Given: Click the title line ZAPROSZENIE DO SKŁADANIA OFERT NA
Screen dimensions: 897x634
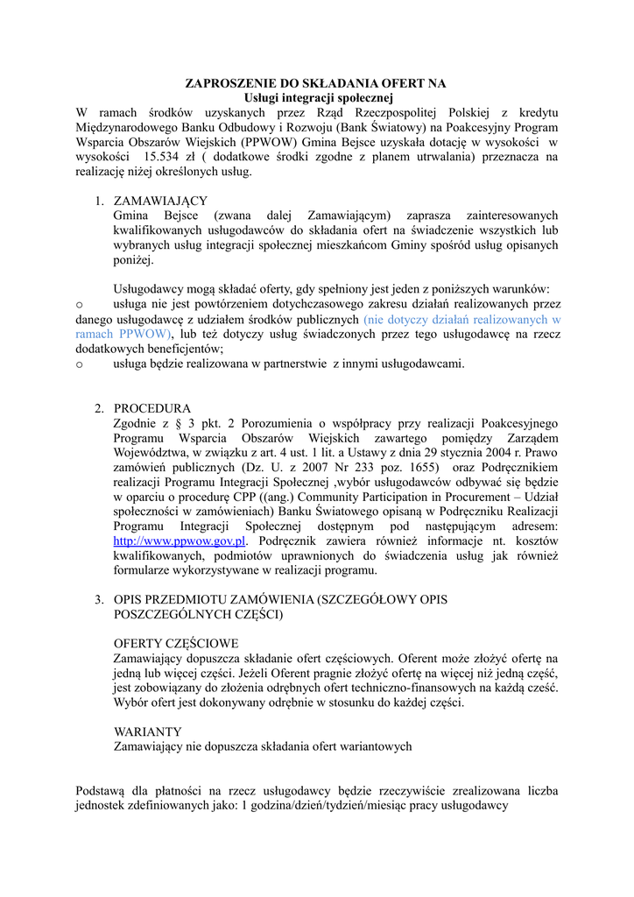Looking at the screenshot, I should [315, 83].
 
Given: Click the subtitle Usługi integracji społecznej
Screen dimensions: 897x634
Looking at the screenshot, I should [315, 97].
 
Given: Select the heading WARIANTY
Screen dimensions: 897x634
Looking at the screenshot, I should [148, 731].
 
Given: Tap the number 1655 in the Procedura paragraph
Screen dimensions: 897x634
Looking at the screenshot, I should [416, 468].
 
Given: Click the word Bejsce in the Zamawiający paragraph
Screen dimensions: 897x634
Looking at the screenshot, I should [182, 215].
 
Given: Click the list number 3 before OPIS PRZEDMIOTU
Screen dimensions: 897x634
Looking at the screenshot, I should [99, 600].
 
